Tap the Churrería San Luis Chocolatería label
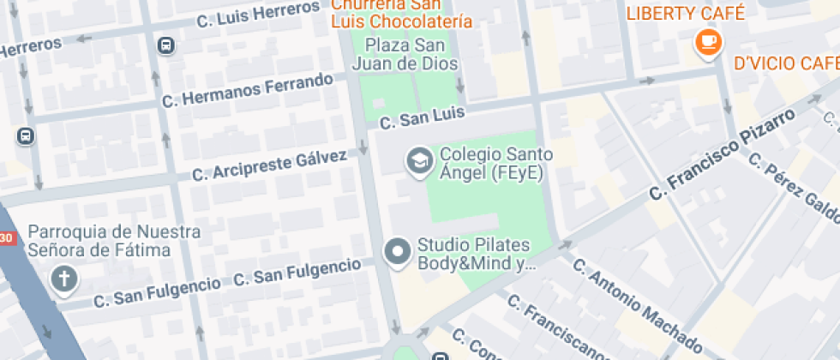tap(401, 14)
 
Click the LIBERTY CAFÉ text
tap(686, 13)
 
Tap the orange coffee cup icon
tap(708, 43)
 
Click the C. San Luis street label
tap(422, 117)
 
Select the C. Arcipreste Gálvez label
tap(269, 165)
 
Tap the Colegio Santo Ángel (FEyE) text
tap(495, 164)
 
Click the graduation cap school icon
tap(419, 161)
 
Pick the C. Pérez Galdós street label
tap(793, 185)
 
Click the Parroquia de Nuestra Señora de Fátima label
tap(114, 241)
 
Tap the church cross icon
tap(63, 279)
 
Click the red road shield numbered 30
tap(6, 237)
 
